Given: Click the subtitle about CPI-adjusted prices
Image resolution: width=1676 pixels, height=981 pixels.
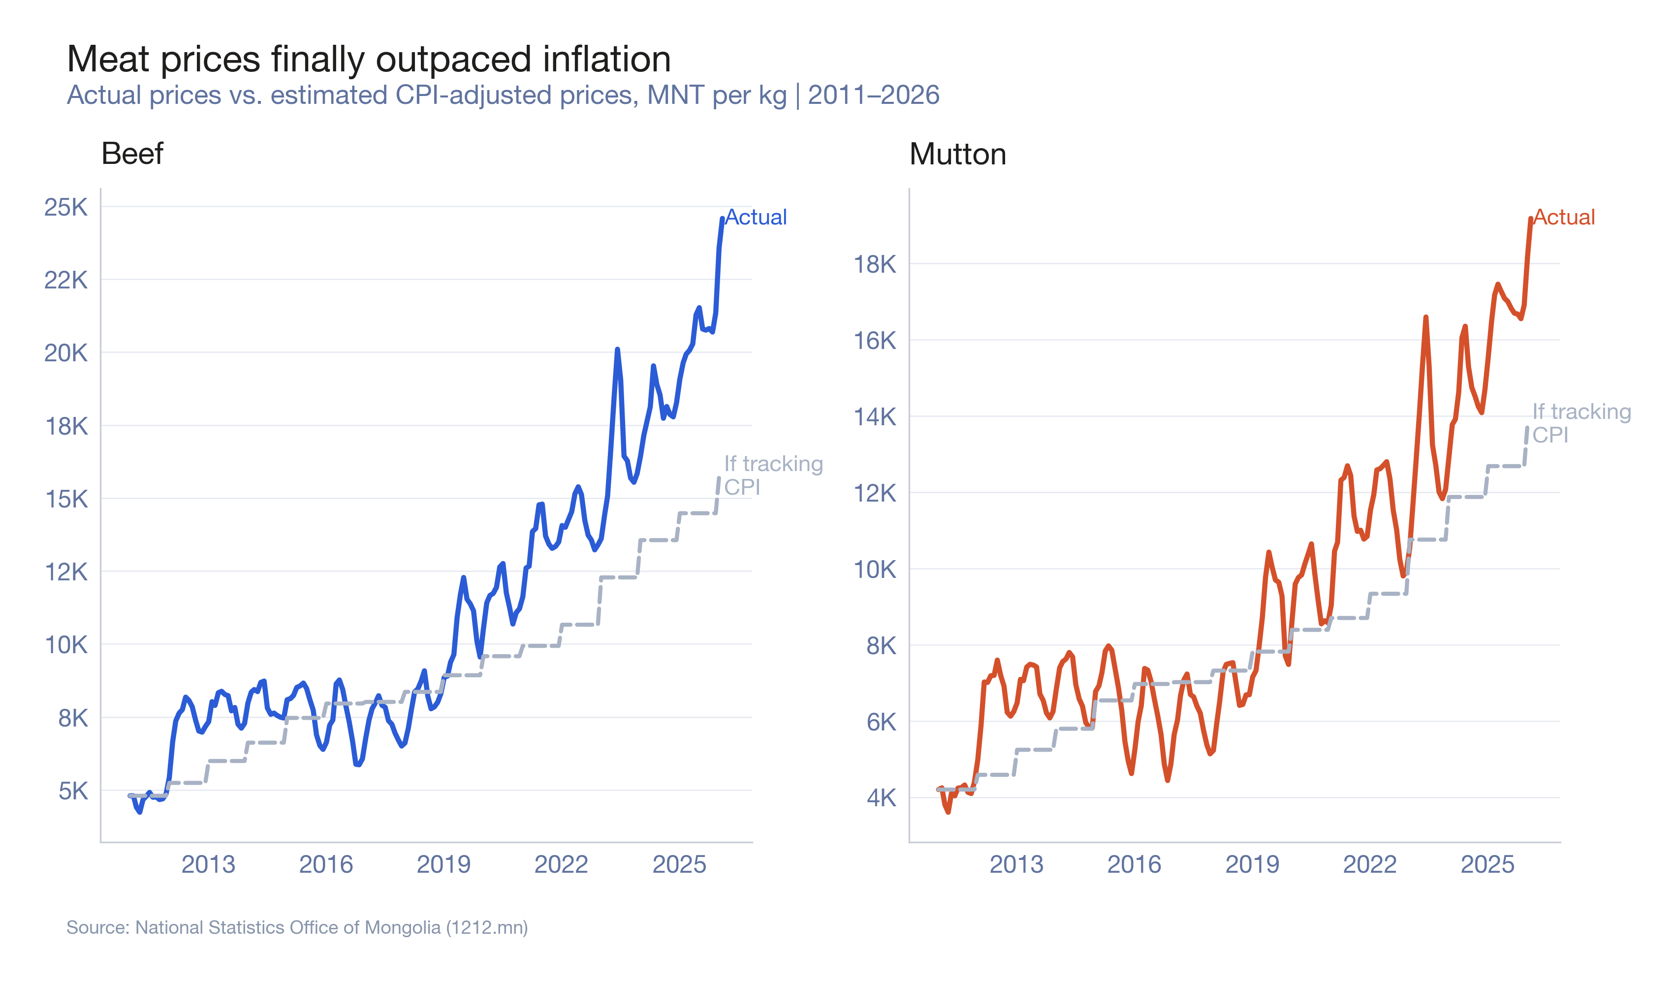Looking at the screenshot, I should (x=503, y=95).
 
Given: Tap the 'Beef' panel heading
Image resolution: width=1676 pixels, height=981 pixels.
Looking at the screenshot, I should (x=132, y=154).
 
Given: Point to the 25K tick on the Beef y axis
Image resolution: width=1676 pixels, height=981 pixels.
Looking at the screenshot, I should (x=66, y=208).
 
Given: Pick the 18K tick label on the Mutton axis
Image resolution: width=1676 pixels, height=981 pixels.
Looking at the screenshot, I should (x=875, y=265).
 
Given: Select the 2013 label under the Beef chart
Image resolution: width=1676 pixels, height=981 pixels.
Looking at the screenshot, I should (x=208, y=865).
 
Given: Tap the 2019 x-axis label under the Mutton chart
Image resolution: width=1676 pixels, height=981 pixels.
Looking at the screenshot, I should (x=1252, y=865).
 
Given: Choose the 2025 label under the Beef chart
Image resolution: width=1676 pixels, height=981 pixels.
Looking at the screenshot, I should (x=679, y=865).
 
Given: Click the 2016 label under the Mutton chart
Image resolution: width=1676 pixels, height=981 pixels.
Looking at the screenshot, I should (x=1134, y=865).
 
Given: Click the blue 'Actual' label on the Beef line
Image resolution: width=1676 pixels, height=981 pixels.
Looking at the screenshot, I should (x=756, y=218).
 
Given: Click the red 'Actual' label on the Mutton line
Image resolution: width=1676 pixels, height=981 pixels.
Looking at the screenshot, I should (x=1564, y=218).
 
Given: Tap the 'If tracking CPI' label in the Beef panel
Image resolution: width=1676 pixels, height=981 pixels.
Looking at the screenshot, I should (x=773, y=475).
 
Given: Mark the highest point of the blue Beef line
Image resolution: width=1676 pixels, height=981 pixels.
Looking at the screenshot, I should (x=722, y=219).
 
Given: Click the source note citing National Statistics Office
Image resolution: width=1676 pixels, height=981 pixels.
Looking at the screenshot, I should (x=297, y=927).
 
